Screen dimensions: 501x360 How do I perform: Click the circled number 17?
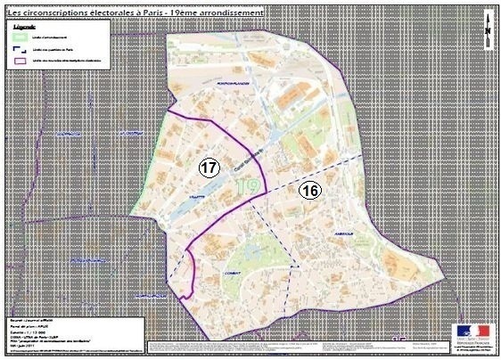[x=209, y=167]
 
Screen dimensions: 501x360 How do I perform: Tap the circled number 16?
[x=309, y=190]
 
